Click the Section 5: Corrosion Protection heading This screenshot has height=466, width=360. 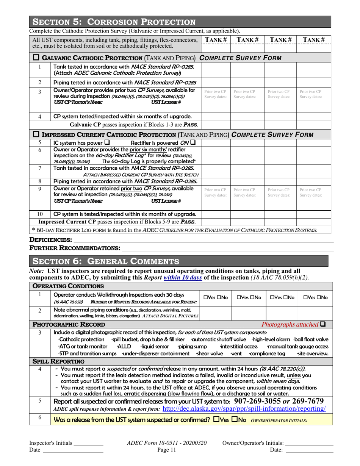tap(114, 22)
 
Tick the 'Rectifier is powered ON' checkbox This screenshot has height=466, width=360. tap(193, 143)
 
